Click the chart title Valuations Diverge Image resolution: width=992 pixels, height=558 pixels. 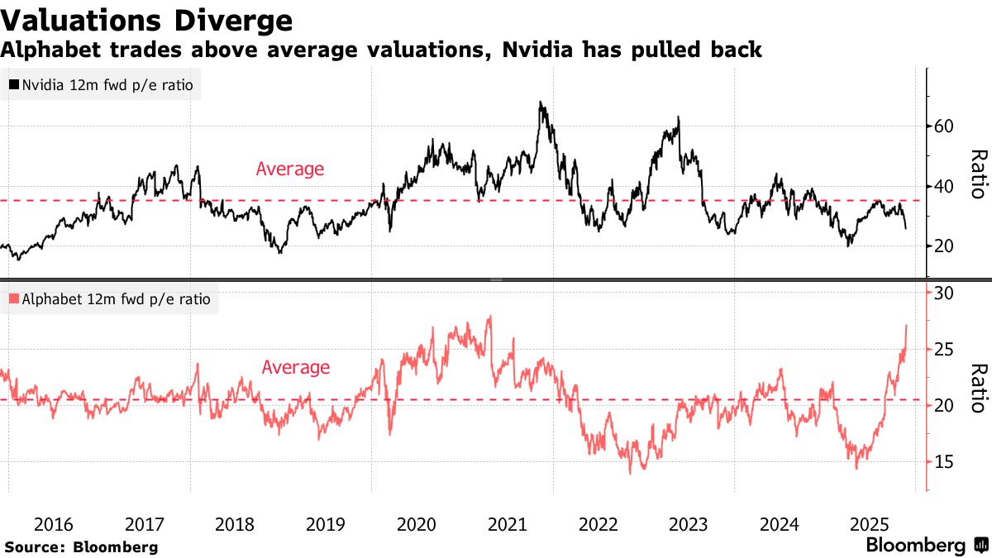point(146,20)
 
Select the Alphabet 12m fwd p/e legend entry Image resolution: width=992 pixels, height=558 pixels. point(108,299)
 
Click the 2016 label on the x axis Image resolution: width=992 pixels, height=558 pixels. point(54,524)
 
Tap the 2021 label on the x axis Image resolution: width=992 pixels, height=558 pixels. point(507,524)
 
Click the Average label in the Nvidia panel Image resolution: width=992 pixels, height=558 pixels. point(289,169)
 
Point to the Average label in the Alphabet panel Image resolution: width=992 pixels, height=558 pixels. point(295,368)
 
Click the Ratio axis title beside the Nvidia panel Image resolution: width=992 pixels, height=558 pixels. point(978,174)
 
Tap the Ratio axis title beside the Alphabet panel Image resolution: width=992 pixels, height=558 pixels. point(978,388)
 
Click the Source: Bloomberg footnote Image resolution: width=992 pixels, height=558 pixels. point(81,546)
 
